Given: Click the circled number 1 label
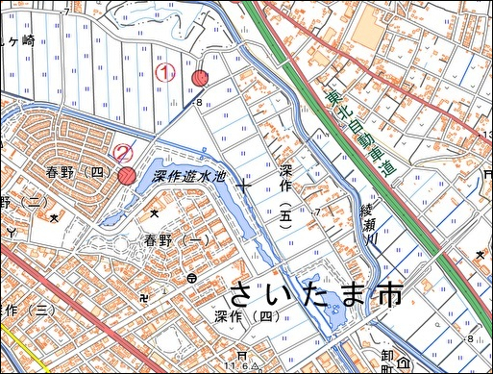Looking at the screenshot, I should [165, 71].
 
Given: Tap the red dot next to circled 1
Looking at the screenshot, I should [200, 78].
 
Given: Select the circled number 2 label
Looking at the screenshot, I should [123, 152].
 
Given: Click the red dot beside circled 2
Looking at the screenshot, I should [127, 175].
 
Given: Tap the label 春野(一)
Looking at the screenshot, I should [177, 239].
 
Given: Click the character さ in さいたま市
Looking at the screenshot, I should [242, 294].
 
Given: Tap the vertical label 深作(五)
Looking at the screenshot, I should [285, 192].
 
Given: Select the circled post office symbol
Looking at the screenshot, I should [192, 278].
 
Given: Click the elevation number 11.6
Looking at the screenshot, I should [239, 366].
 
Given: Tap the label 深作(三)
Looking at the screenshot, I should [23, 310].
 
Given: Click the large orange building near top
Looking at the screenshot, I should [366, 34].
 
